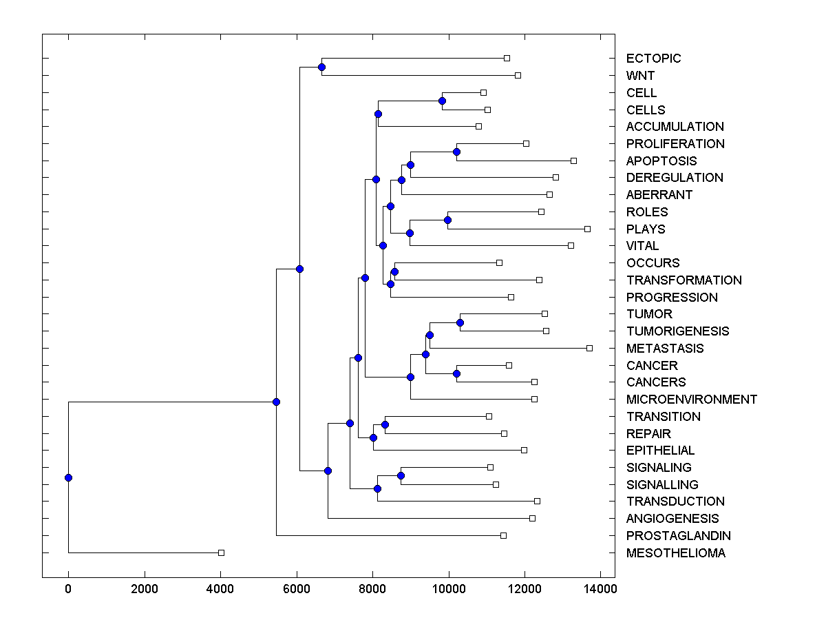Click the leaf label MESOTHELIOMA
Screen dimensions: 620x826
675,553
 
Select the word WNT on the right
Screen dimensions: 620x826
640,76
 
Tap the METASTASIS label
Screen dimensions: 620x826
665,349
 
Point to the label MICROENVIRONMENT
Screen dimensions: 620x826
691,400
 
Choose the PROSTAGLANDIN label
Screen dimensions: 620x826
678,536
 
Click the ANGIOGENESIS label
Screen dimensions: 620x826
672,519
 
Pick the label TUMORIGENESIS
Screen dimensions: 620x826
677,331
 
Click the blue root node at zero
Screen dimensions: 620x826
68,477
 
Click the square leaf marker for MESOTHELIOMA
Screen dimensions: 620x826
221,552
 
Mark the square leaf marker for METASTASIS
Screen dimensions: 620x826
589,348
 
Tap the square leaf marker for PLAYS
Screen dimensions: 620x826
587,229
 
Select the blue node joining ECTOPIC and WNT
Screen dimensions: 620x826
321,67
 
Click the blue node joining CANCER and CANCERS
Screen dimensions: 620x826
456,373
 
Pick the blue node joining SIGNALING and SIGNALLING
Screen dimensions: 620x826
401,475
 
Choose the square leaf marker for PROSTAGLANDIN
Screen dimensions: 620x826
503,535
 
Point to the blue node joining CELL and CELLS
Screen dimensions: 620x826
442,101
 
